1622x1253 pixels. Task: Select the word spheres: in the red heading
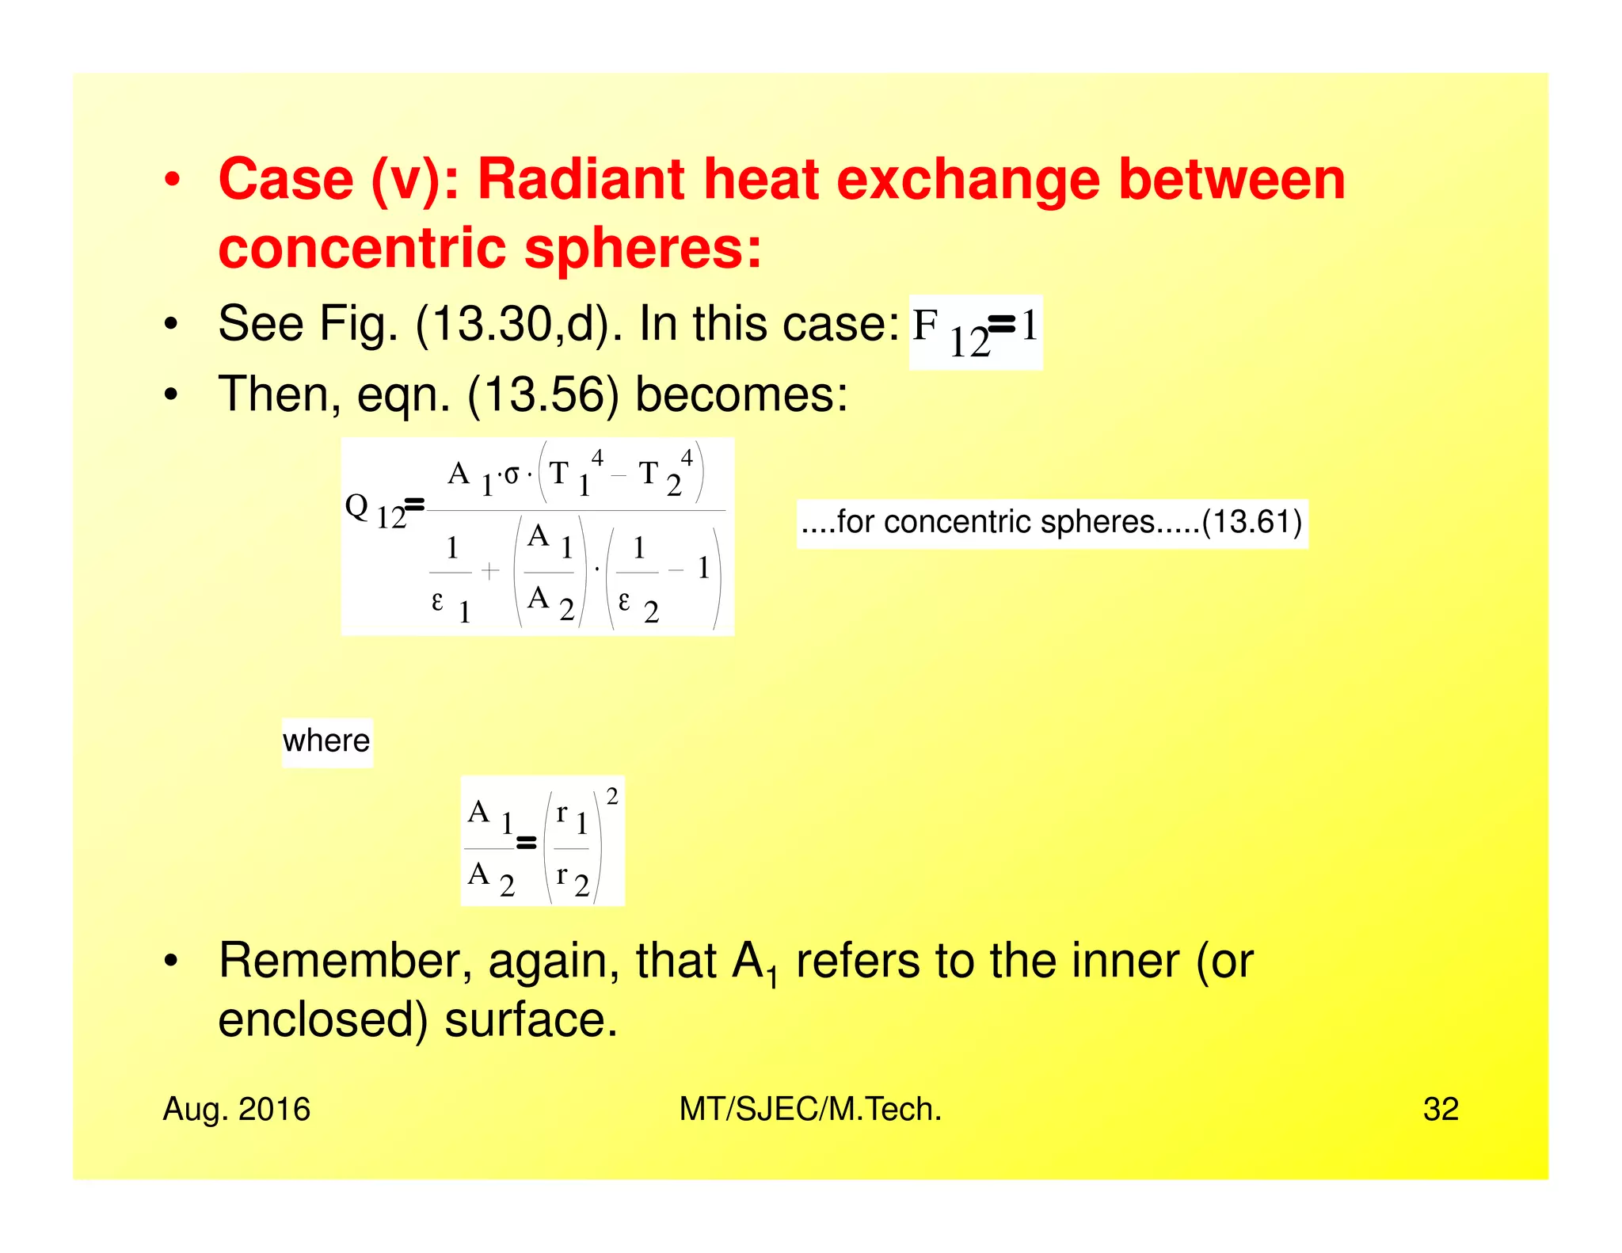[643, 249]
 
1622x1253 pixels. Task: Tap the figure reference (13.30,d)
[508, 324]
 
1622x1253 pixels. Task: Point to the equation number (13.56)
[543, 394]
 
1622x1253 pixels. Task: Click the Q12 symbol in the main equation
[374, 511]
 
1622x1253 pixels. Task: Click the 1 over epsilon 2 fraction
[638, 579]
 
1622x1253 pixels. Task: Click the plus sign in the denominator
[491, 570]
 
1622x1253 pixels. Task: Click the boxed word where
[326, 741]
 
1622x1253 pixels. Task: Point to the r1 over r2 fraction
[572, 848]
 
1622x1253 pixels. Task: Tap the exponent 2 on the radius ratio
[611, 797]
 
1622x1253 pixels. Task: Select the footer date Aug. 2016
[236, 1109]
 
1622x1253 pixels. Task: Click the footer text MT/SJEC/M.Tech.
[810, 1109]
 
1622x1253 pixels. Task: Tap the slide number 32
[1440, 1109]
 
